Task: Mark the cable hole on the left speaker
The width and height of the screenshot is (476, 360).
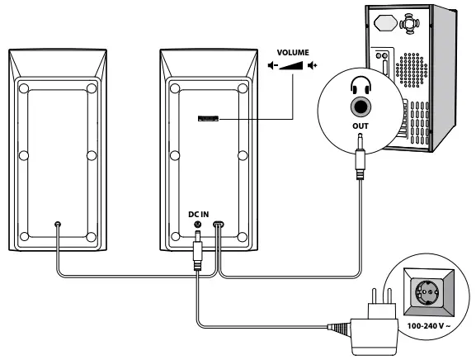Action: (57, 224)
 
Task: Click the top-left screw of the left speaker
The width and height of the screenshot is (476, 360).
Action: (25, 88)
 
